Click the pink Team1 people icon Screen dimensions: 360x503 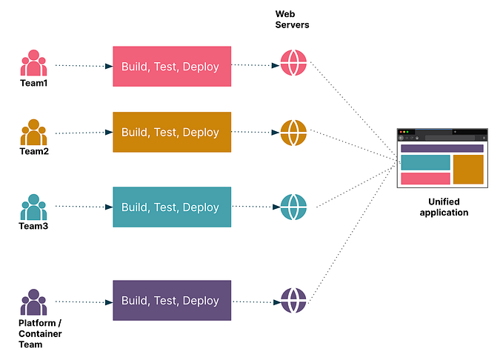point(33,63)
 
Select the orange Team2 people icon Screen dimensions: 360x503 point(33,132)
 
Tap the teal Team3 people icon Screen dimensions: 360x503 point(33,207)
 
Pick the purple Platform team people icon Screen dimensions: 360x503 point(33,302)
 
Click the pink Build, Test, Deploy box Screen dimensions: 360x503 point(171,67)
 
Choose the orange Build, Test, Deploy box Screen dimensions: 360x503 point(171,132)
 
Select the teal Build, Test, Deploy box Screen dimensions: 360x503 point(171,207)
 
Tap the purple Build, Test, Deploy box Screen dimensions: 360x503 point(171,301)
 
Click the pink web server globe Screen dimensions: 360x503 point(293,64)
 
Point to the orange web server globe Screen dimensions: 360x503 point(293,133)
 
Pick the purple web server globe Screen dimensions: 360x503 point(293,301)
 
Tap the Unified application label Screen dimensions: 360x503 point(444,207)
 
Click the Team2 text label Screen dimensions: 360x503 point(33,152)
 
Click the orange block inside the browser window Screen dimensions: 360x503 point(468,170)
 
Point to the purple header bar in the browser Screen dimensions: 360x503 point(442,148)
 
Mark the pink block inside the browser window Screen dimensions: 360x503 point(425,179)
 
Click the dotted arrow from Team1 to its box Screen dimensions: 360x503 point(83,66)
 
